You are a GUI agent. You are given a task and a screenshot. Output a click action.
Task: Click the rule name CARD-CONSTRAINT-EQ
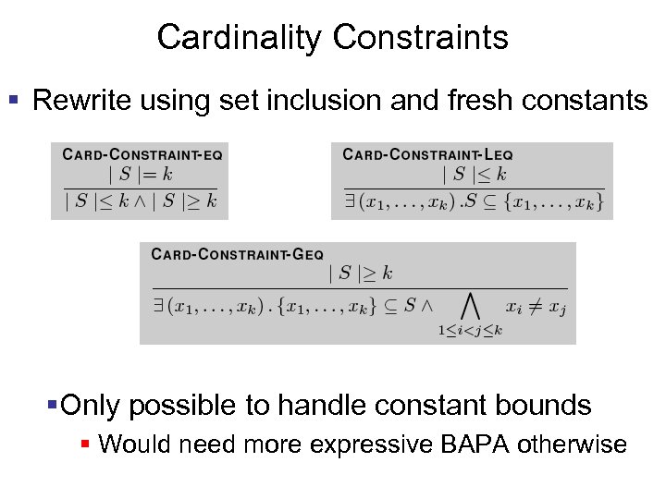coord(142,154)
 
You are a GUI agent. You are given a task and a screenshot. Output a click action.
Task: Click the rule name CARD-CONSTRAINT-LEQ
coord(427,154)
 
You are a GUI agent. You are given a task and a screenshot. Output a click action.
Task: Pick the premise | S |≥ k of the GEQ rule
coord(360,273)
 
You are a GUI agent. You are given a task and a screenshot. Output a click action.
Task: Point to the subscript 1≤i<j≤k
coord(470,331)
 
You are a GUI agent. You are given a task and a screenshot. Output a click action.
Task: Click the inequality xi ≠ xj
coord(536,306)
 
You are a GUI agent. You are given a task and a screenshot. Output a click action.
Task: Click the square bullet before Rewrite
coord(13,98)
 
